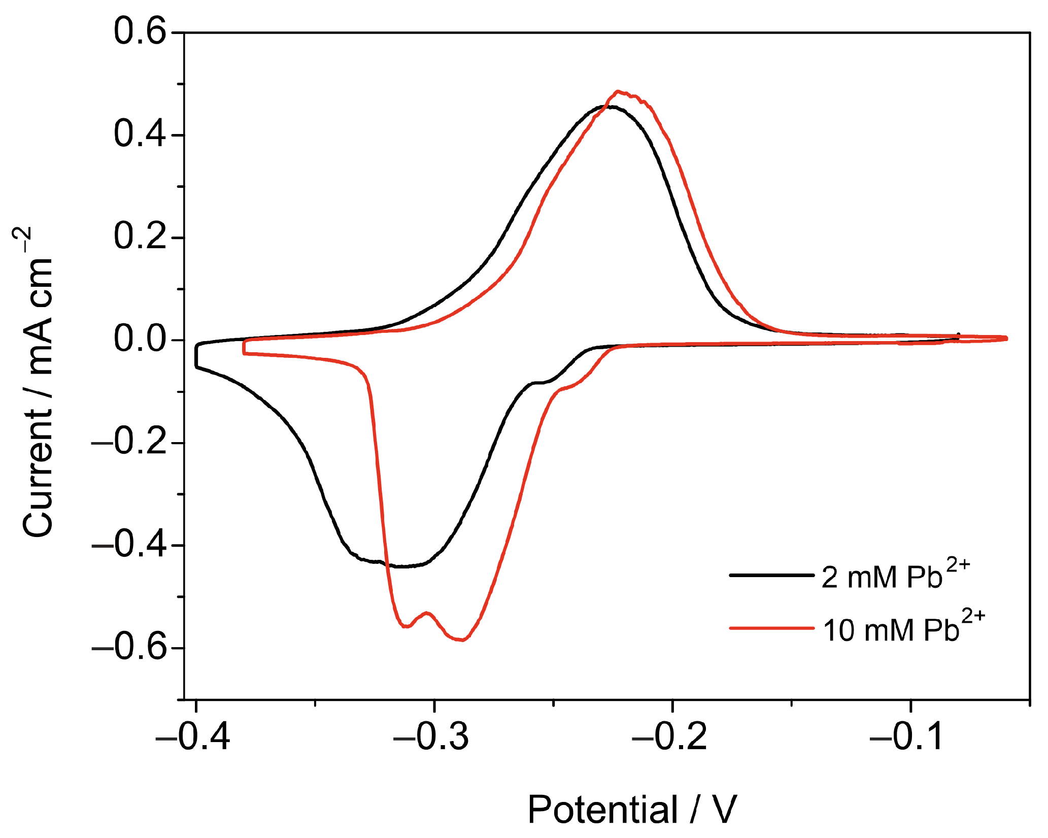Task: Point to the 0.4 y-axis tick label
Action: (x=140, y=135)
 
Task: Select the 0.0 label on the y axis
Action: (x=140, y=340)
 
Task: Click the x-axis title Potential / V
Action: (x=632, y=809)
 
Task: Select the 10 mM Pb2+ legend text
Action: (x=903, y=629)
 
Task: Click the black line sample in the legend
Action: (x=771, y=575)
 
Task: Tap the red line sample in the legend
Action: (x=771, y=628)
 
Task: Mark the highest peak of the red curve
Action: (x=618, y=92)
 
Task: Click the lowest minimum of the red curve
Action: (x=462, y=640)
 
